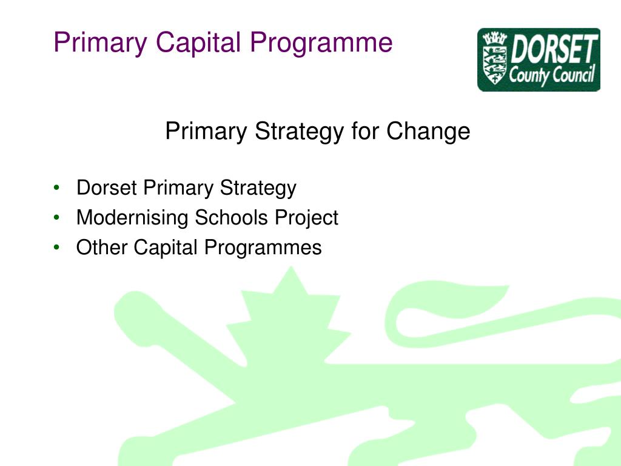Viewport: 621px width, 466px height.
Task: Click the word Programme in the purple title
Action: tap(321, 43)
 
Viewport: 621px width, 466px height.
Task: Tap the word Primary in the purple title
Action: tap(100, 43)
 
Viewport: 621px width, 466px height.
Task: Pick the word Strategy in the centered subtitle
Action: tap(298, 132)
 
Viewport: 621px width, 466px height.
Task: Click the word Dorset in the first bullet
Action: tap(107, 188)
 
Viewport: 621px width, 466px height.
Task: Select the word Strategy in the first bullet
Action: tap(258, 189)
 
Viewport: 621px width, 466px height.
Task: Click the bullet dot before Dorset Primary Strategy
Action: tap(56, 188)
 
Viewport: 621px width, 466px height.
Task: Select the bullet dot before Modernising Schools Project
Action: tap(56, 218)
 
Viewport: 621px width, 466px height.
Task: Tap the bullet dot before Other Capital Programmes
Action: tap(56, 248)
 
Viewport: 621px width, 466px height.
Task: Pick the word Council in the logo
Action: tap(575, 77)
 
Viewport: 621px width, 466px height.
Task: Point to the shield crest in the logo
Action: tap(494, 59)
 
